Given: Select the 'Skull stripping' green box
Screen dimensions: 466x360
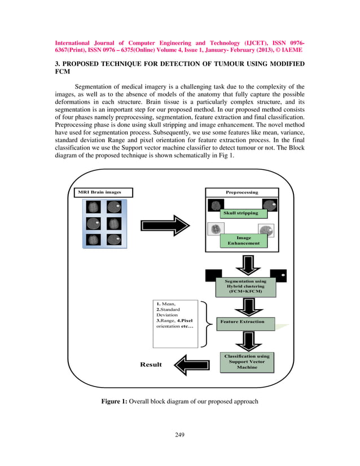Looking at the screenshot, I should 240,213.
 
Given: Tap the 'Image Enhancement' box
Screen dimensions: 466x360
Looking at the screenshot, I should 244,241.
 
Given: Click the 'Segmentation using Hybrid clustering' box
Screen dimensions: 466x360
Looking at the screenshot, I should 246,286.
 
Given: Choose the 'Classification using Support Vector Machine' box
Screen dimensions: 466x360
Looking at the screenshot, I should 247,362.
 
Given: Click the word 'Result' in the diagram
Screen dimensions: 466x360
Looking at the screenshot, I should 151,364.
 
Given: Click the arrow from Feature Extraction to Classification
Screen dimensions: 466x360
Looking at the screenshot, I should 247,340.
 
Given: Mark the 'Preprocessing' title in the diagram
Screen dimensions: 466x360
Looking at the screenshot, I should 242,192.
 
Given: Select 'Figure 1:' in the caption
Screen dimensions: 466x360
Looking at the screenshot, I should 115,402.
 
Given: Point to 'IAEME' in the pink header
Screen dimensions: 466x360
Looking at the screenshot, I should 289,50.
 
